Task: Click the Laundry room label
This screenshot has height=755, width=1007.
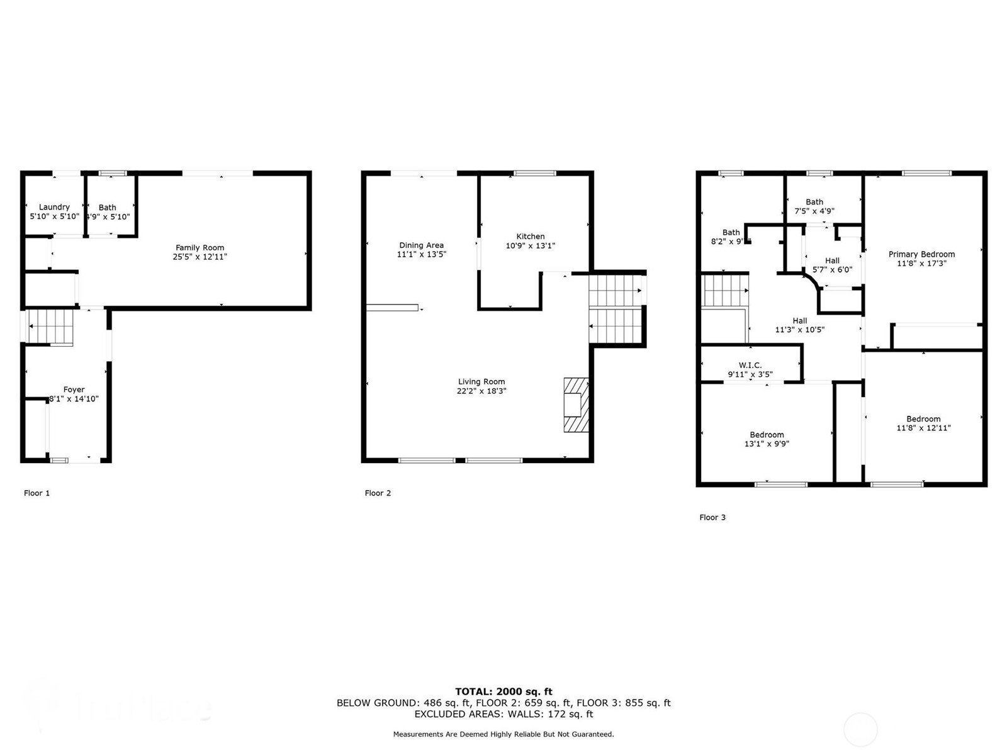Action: tap(54, 207)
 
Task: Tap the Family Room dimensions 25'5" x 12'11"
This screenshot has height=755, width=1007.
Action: tap(200, 257)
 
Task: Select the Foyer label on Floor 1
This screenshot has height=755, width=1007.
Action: tap(74, 389)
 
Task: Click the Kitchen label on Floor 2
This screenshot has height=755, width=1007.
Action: tap(531, 237)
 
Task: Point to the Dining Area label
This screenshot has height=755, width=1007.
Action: tap(421, 245)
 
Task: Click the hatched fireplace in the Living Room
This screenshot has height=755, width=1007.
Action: tap(575, 405)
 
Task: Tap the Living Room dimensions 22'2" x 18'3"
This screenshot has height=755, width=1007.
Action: tap(481, 391)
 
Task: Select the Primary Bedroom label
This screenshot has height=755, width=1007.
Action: tap(921, 254)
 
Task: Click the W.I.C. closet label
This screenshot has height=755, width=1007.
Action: tap(750, 365)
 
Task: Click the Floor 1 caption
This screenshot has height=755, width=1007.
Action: tap(37, 493)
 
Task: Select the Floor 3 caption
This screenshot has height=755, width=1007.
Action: tap(712, 517)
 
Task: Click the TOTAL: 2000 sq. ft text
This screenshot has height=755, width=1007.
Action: tap(503, 691)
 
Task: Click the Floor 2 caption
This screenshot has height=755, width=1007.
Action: tap(378, 493)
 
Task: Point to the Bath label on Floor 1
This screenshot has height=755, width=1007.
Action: tap(108, 207)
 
